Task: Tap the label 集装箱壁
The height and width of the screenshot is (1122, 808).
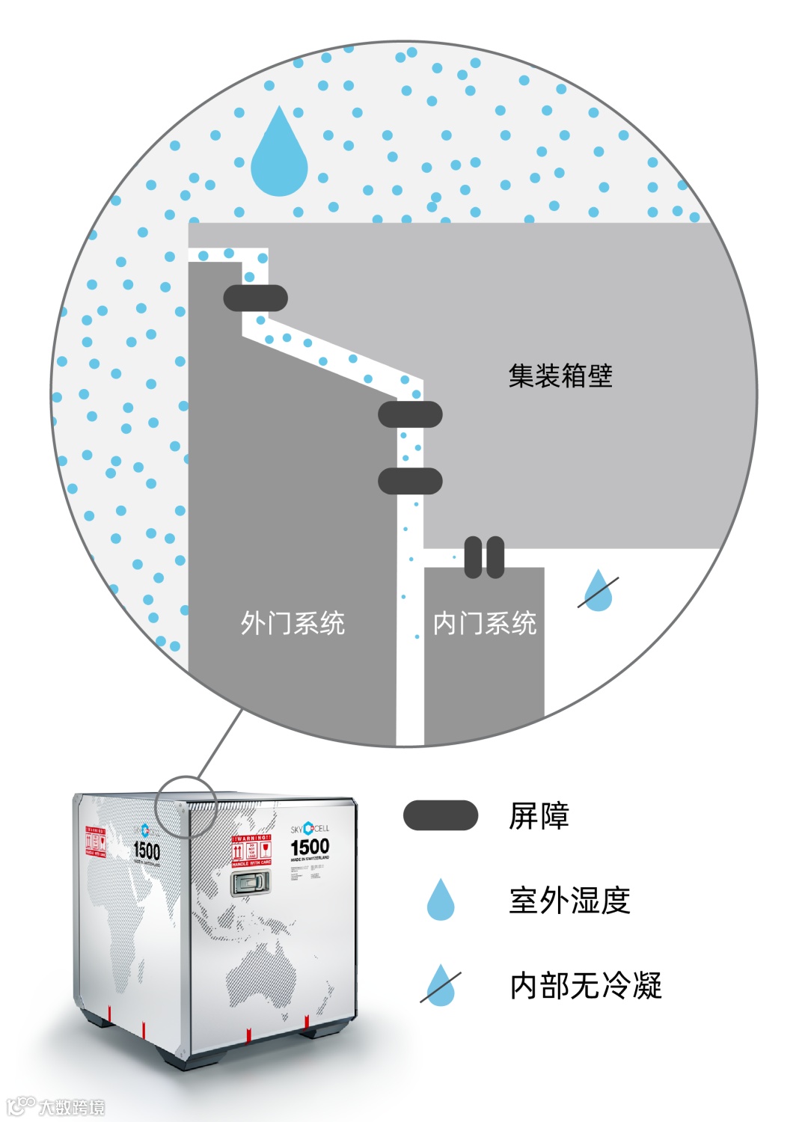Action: tap(560, 375)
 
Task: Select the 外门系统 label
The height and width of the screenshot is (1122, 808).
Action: tap(293, 623)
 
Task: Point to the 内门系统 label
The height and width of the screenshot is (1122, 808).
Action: tap(485, 623)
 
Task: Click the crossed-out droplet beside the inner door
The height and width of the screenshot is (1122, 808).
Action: tap(599, 592)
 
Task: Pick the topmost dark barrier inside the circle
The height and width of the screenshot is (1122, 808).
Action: tap(256, 298)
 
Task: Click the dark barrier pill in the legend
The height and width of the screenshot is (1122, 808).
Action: tap(441, 815)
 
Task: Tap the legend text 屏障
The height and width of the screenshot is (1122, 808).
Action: tap(539, 815)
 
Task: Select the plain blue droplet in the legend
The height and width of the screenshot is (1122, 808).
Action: tap(441, 900)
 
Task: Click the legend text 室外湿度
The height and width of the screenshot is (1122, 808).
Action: tap(570, 901)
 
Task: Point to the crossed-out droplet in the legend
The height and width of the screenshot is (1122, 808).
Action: tap(441, 986)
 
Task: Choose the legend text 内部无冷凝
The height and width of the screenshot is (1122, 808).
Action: tap(586, 986)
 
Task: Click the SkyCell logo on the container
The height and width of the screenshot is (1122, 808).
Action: tap(310, 829)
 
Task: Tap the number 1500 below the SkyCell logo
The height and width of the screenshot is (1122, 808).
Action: tap(310, 847)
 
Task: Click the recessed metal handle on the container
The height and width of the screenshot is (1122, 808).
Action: tap(251, 883)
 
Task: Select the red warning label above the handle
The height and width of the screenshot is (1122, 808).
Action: tap(251, 851)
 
